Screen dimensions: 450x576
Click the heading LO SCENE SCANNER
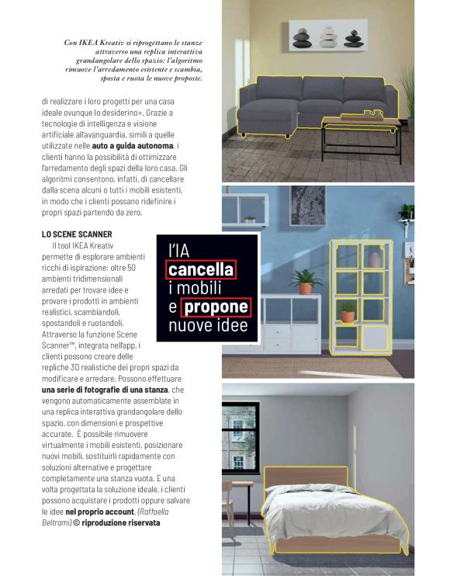(77, 233)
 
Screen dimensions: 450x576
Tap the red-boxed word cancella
(201, 269)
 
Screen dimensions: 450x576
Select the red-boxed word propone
(216, 307)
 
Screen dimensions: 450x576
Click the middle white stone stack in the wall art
(328, 34)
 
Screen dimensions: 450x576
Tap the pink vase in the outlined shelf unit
(376, 259)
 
